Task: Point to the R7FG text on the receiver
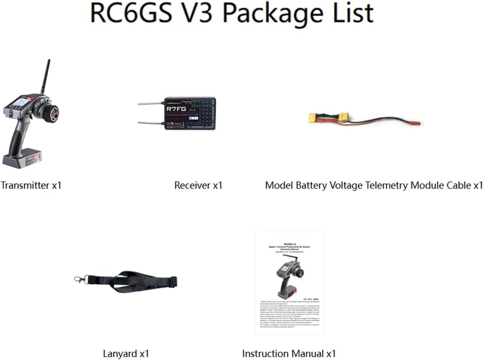coord(176,108)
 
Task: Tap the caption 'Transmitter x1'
coord(31,185)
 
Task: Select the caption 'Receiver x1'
coord(198,185)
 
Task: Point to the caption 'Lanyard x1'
coord(126,354)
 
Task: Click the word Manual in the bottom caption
coord(306,354)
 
